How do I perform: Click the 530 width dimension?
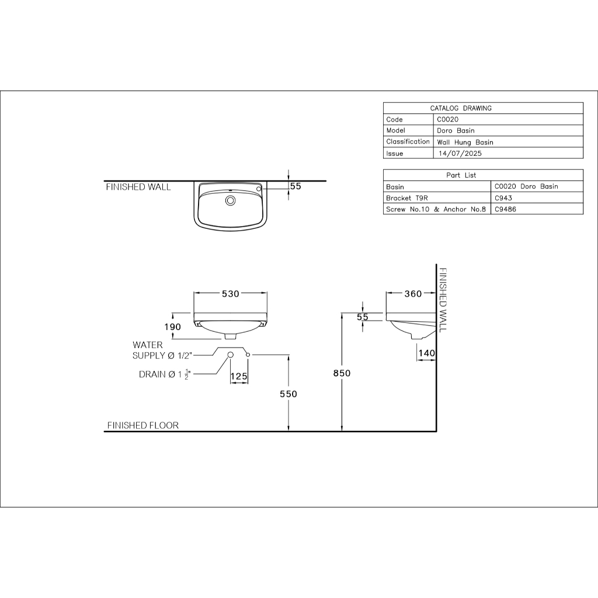(x=231, y=294)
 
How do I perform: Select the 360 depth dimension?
(x=413, y=294)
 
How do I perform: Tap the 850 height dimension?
(x=342, y=373)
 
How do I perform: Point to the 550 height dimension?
(x=288, y=394)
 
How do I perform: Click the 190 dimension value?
(x=173, y=327)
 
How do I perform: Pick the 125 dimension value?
(x=239, y=377)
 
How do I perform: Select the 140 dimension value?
(x=427, y=353)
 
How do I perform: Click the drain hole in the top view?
(x=230, y=200)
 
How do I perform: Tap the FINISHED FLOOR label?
(x=143, y=425)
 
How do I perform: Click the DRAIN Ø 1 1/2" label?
(x=165, y=374)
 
